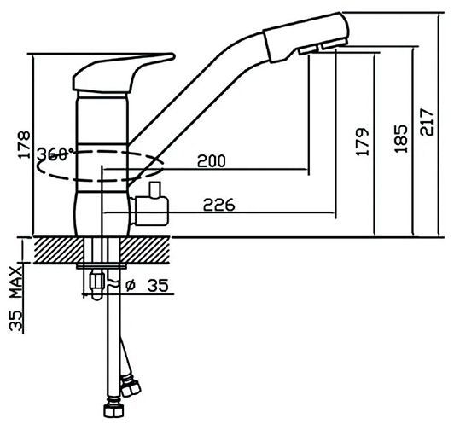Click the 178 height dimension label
click(x=24, y=145)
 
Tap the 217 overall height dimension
click(x=427, y=122)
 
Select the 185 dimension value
click(x=401, y=139)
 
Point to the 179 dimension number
click(x=363, y=142)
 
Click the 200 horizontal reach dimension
click(x=211, y=161)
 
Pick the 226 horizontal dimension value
click(x=218, y=205)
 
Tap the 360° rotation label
click(x=55, y=154)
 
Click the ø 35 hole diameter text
click(x=147, y=286)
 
